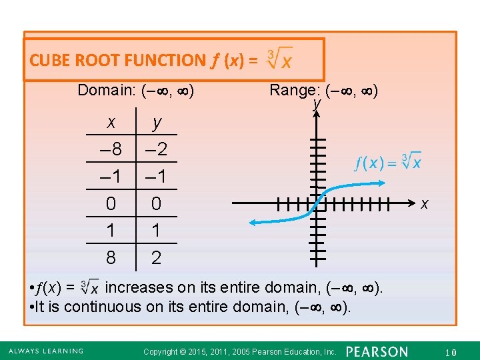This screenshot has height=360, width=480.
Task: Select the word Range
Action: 293,90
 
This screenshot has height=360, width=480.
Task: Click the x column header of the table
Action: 111,122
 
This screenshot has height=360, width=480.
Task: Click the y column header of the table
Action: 157,122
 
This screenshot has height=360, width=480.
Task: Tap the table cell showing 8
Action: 111,257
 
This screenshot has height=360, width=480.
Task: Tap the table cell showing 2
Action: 157,257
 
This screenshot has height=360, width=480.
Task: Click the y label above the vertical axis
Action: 318,104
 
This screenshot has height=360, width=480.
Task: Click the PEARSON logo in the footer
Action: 377,351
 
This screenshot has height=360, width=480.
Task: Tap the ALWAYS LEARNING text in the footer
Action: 46,351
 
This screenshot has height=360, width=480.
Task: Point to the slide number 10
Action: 451,351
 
